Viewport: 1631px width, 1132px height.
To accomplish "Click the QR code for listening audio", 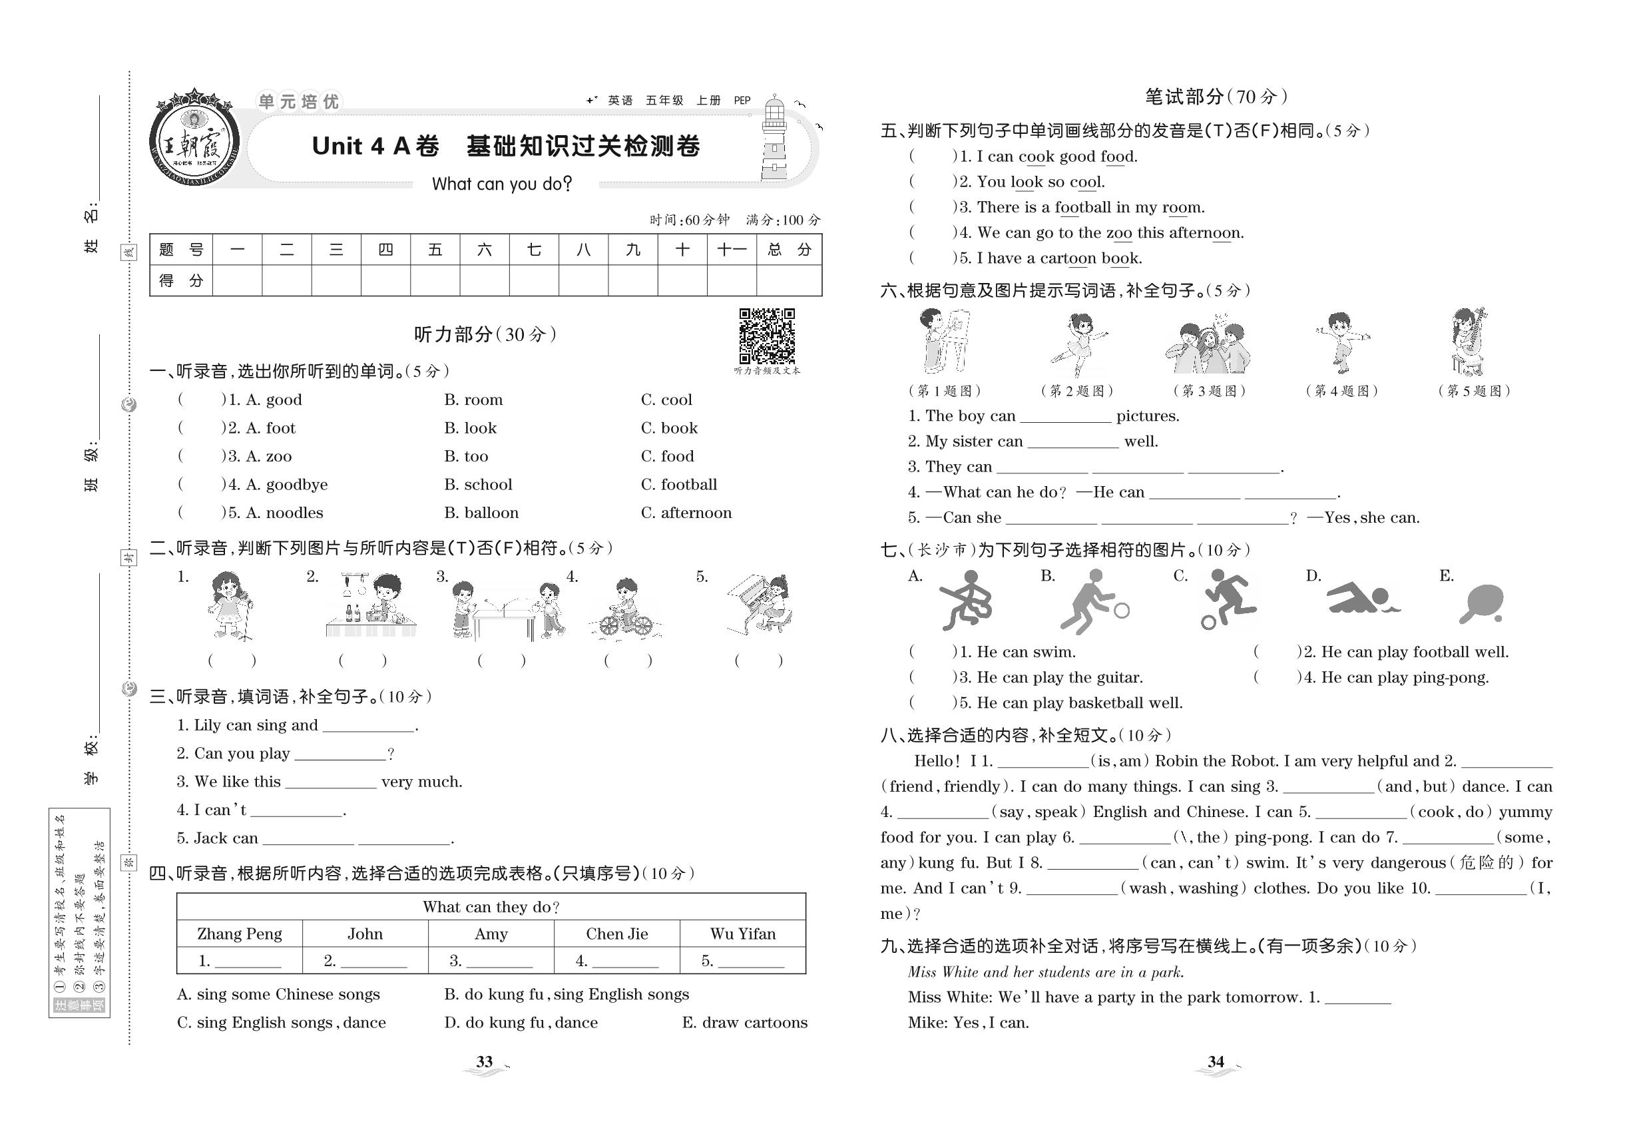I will click(x=767, y=336).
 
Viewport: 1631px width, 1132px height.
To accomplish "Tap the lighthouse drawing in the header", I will click(x=774, y=140).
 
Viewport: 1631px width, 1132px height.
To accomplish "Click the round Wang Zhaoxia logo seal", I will click(x=194, y=139).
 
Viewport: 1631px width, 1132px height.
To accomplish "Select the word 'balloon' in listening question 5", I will click(x=481, y=513).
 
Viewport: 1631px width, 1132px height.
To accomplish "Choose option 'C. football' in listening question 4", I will click(x=678, y=485).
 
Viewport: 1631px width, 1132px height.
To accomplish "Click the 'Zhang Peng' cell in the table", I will click(x=240, y=934).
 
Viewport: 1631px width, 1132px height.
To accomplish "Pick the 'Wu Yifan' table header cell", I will click(x=742, y=934).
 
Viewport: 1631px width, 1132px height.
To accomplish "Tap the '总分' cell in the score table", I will click(x=789, y=250).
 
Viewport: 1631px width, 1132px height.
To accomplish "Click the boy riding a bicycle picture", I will click(x=624, y=609).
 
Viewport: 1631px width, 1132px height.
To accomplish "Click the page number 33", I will click(x=485, y=1062).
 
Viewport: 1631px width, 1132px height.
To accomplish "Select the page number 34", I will click(x=1216, y=1062).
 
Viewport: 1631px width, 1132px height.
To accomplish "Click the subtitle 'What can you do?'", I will click(x=501, y=184).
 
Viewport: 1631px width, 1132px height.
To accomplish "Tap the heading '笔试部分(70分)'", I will click(x=1216, y=97).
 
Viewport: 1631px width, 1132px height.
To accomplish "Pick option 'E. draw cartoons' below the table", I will click(x=744, y=1023).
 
